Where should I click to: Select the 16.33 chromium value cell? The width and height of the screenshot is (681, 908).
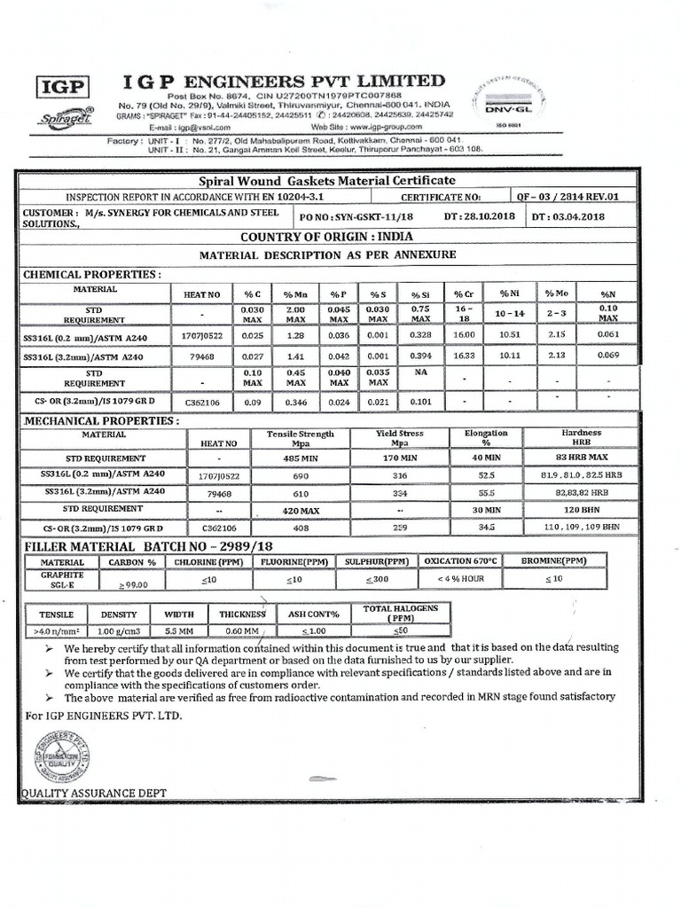(x=464, y=356)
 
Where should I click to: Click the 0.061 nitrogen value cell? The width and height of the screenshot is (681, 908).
(x=607, y=336)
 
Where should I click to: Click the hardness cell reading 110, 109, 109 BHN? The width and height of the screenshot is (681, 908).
(x=581, y=527)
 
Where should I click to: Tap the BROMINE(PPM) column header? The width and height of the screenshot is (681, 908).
(x=552, y=561)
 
